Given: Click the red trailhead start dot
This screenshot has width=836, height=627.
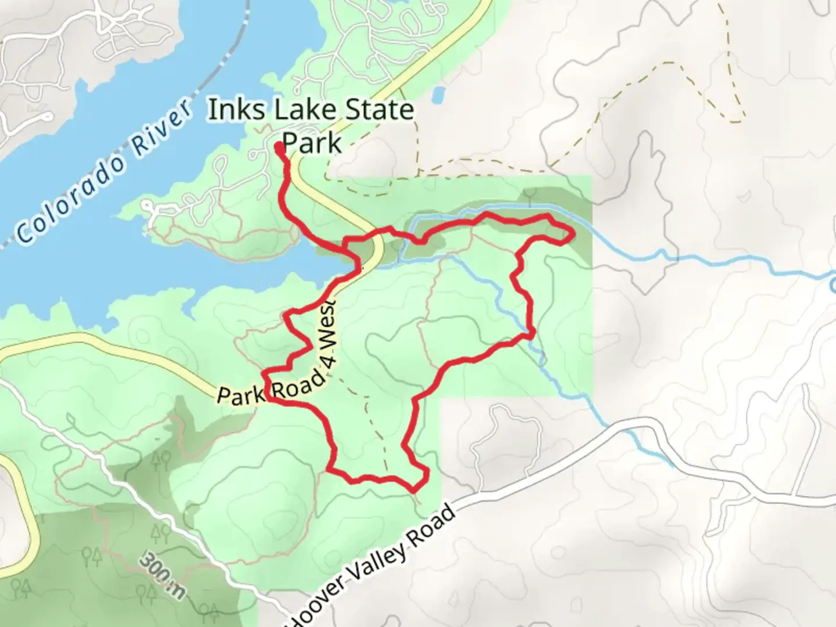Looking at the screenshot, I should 280,146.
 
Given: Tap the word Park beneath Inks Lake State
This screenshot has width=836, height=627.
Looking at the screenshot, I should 312,143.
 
